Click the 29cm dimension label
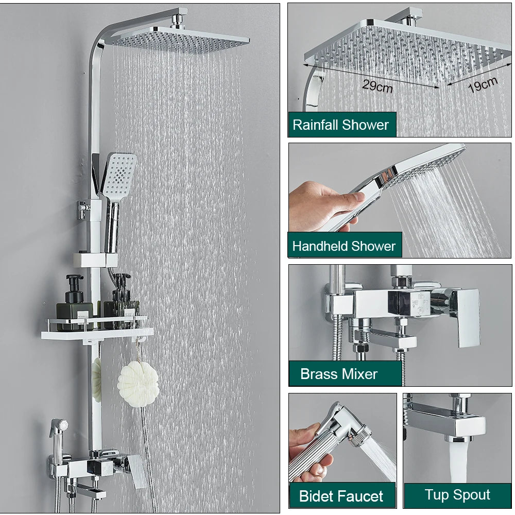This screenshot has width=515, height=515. pos(377,86)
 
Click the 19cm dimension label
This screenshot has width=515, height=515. pos(483,84)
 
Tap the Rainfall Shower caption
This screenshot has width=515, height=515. pos(340,125)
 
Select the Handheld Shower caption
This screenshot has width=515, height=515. pos(344,246)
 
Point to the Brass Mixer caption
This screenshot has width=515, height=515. pos(339,374)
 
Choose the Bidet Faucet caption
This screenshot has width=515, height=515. pos(341,496)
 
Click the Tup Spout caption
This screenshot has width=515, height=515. pos(457,494)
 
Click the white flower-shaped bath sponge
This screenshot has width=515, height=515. pos(138,384)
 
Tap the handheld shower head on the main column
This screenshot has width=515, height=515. pos(119,176)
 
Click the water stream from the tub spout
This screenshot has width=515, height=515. pos(458,462)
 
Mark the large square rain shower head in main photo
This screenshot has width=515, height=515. pos(180,40)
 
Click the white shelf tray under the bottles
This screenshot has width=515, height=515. pos(97,334)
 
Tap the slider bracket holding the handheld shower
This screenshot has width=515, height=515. pos(95,260)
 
